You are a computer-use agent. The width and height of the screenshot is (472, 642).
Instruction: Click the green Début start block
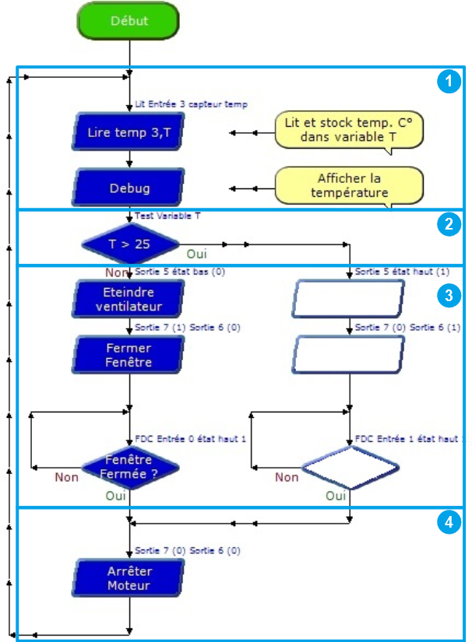pos(129,21)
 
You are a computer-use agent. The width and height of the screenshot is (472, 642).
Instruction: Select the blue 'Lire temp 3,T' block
pos(129,133)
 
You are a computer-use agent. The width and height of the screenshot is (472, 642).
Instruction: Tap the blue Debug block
pos(129,188)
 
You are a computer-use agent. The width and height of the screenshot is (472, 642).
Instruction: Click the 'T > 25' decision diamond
pos(129,244)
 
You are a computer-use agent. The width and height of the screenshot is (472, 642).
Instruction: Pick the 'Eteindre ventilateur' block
pos(129,299)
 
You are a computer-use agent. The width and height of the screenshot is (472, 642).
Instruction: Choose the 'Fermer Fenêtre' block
pos(129,355)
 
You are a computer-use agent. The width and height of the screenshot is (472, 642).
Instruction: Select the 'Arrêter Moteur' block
pos(129,578)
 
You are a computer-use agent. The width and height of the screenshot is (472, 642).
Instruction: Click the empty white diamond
pos(350,468)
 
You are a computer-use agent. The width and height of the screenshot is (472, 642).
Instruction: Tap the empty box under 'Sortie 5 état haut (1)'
pos(350,299)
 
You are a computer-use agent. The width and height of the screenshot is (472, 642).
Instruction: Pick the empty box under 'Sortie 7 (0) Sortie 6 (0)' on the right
pos(350,355)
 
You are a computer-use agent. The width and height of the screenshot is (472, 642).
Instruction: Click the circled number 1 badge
pos(447,81)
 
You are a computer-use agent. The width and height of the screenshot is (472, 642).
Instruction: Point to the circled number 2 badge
pos(447,225)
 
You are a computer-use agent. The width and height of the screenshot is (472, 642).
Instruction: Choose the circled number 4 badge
pos(447,524)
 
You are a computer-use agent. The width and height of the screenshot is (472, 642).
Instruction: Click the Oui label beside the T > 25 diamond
pos(196,253)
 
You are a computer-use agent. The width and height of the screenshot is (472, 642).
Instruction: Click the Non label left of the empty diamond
pos(287,477)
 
